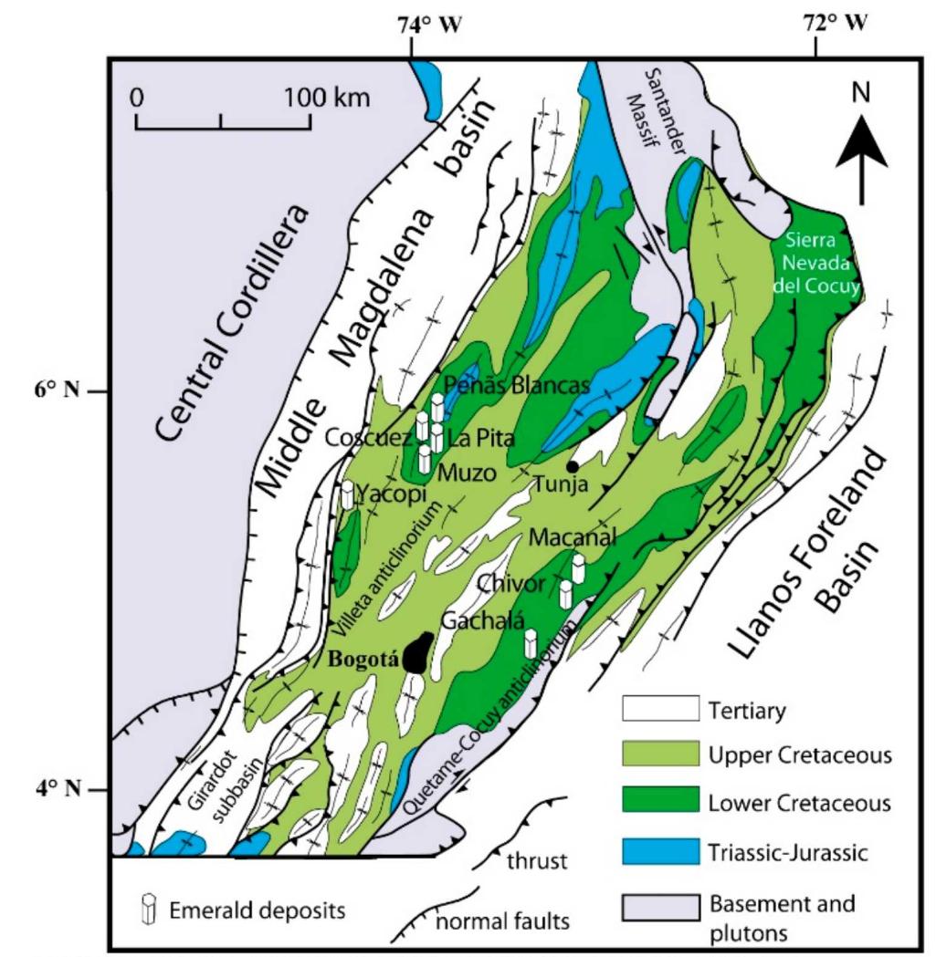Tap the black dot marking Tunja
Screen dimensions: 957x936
(x=572, y=467)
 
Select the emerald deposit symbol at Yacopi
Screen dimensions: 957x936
(x=347, y=494)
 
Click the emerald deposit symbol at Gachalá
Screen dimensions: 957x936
(x=531, y=642)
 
